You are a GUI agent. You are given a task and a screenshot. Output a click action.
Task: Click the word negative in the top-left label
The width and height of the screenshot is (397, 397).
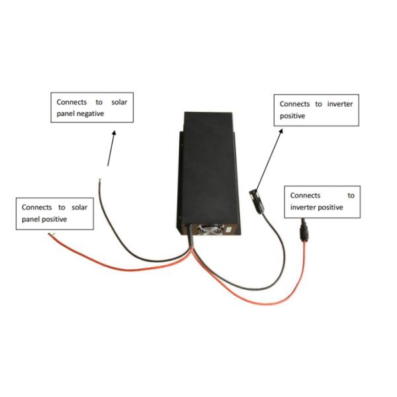click(91, 114)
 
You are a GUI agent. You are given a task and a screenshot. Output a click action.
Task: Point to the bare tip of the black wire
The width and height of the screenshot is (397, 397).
click(99, 177)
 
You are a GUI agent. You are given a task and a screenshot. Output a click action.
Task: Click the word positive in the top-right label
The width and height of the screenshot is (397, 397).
click(292, 115)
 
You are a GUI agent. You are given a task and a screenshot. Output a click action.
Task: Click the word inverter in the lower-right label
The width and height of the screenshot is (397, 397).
click(304, 207)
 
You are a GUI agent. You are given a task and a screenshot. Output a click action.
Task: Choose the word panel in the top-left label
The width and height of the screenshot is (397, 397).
click(67, 114)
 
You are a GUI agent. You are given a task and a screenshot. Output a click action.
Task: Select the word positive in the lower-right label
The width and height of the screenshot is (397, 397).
click(331, 207)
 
